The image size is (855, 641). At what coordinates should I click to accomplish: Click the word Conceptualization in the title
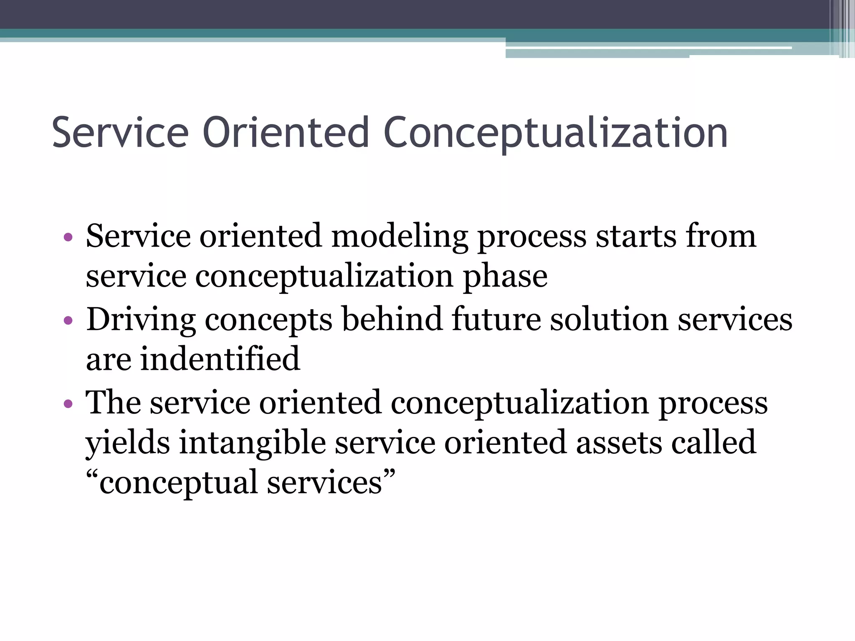pos(555,133)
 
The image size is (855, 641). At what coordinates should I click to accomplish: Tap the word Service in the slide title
pos(120,133)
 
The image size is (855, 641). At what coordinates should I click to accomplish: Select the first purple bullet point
pos(68,238)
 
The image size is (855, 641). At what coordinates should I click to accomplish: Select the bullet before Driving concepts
pos(68,321)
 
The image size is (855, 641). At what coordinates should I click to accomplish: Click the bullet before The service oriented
pos(68,404)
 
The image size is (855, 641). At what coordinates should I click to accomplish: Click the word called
pos(713,442)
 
